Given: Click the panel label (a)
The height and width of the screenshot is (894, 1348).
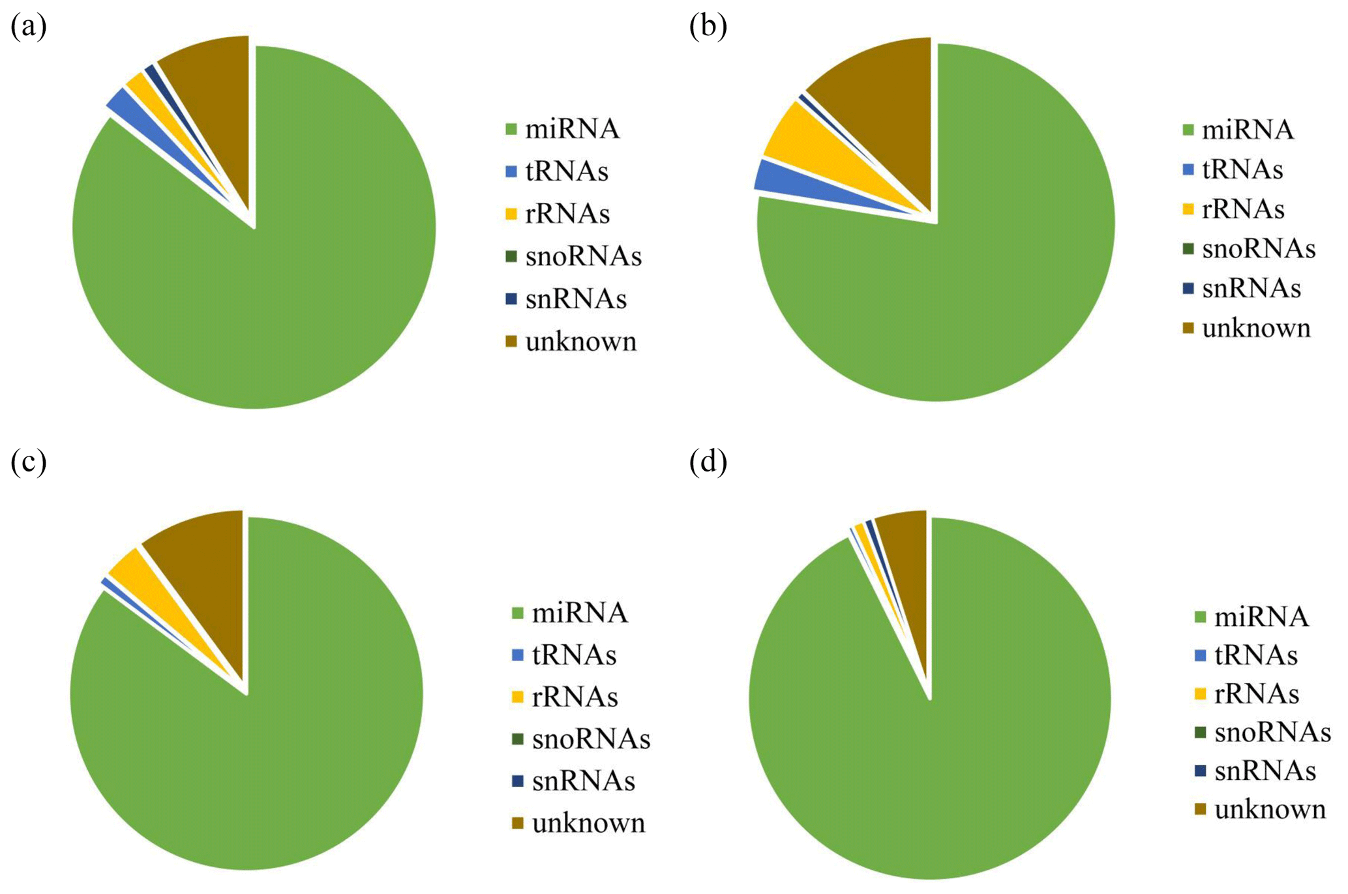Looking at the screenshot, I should click(28, 27).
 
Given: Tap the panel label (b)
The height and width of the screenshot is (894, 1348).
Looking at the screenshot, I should click(708, 27).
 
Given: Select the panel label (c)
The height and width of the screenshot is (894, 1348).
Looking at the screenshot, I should click(28, 462).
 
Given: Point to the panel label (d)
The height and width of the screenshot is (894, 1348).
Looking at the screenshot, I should click(708, 462).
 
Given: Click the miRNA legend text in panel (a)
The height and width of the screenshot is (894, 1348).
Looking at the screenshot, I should click(572, 129).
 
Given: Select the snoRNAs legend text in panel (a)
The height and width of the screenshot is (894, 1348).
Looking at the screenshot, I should click(583, 256).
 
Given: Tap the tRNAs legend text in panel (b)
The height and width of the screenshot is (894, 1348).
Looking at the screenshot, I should click(1242, 170).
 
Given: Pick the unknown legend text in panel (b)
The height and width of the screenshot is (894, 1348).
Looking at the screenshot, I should click(1255, 328).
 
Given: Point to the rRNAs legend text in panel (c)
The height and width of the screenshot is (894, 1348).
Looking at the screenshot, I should click(575, 697).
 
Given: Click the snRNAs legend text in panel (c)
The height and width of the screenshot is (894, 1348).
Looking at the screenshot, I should click(583, 781).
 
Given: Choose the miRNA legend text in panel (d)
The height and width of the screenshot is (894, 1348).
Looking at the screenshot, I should click(1261, 617).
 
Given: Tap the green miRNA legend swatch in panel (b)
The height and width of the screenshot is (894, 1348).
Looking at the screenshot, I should click(1188, 130).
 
